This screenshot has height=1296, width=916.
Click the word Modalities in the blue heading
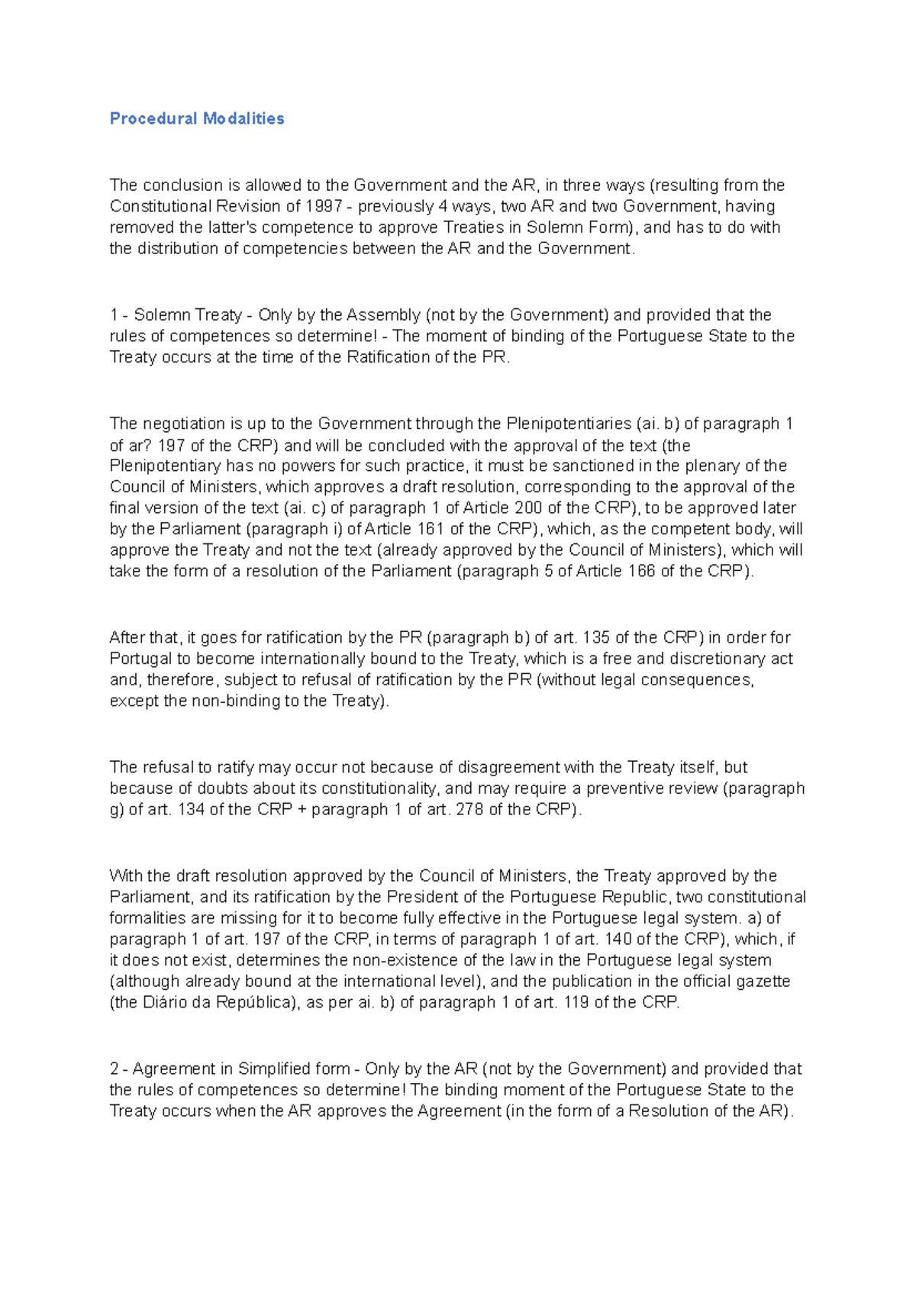(x=244, y=118)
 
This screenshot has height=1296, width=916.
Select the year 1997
(x=324, y=206)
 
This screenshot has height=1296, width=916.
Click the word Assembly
(x=383, y=314)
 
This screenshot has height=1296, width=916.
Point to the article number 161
(x=431, y=529)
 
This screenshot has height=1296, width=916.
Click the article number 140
(x=618, y=939)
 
